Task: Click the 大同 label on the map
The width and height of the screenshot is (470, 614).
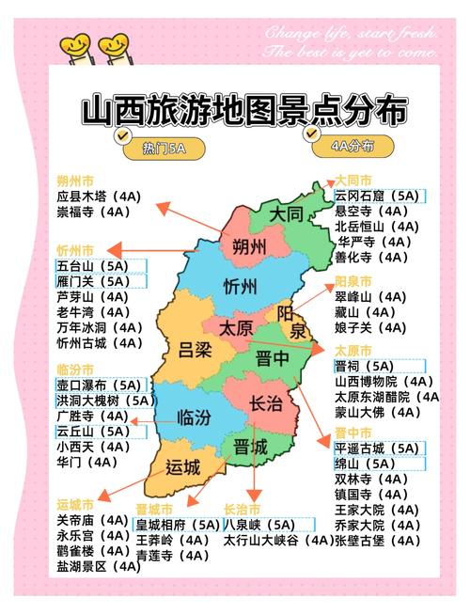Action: (x=287, y=214)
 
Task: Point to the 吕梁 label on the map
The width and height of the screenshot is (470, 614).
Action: (x=196, y=351)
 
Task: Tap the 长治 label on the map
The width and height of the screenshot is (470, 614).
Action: (x=265, y=403)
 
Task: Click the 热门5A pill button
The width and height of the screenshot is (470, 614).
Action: (x=164, y=148)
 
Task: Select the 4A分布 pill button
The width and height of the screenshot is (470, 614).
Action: (x=352, y=146)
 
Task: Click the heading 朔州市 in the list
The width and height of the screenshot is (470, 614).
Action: (x=75, y=181)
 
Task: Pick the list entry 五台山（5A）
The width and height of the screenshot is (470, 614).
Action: (x=93, y=266)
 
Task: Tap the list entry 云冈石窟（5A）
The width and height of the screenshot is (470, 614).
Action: (x=377, y=196)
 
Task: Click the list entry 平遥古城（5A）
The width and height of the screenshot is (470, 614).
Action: (x=377, y=449)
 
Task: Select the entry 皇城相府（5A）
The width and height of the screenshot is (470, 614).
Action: (x=178, y=525)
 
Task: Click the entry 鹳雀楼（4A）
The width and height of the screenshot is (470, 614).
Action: (x=92, y=551)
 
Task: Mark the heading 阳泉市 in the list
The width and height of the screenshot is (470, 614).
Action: (x=354, y=281)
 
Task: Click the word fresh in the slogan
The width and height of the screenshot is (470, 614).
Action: (x=410, y=34)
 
